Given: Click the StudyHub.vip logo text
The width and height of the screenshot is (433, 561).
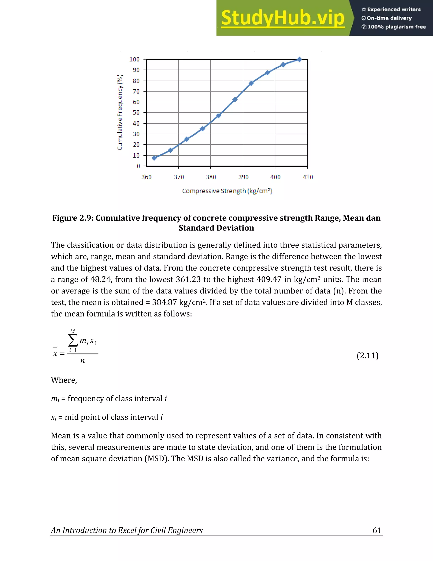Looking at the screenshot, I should [282, 18].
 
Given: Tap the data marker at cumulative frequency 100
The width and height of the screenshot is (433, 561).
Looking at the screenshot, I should [299, 59].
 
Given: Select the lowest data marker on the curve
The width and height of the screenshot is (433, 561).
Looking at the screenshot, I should [154, 158].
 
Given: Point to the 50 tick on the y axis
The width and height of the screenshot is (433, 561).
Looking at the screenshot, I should [136, 112].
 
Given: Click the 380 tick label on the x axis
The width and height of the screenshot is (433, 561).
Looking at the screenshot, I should [211, 177].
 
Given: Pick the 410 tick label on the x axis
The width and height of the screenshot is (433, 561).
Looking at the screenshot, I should [308, 177].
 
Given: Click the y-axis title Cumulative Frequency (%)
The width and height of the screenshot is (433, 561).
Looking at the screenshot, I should [120, 112].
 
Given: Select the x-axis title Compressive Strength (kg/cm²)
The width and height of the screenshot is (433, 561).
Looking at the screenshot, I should [227, 191].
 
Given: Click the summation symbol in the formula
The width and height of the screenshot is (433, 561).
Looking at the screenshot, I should [73, 341].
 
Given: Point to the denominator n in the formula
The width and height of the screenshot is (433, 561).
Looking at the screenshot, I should [82, 361].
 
